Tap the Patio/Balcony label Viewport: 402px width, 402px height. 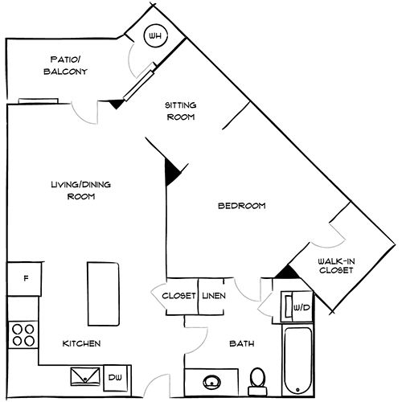coord(66,66)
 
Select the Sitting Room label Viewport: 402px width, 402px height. coord(180,111)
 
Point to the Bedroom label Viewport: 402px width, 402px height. coord(241,206)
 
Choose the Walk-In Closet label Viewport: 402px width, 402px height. coord(335,265)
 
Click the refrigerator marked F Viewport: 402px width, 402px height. coord(26,280)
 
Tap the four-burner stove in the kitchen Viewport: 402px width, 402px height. coord(23,334)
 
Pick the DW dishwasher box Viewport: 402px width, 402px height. coord(114,375)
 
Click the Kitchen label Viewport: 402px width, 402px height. coord(81,343)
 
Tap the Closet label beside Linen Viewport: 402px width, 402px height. coord(179,296)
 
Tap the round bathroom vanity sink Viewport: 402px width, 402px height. coord(213,382)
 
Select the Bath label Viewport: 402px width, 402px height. coord(241,344)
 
